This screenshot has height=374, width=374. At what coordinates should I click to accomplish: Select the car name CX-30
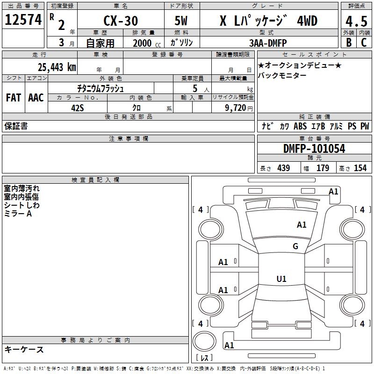pos(120,22)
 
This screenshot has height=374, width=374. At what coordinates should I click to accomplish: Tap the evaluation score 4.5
pos(356,21)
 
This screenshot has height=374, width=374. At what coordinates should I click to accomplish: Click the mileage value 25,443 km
pos(57,67)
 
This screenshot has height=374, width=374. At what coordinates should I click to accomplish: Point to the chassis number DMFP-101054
pos(314,149)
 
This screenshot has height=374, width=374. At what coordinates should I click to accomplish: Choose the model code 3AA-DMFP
pos(268,43)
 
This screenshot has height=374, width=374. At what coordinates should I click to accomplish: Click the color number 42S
pos(78,107)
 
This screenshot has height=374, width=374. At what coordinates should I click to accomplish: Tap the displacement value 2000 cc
pos(145,43)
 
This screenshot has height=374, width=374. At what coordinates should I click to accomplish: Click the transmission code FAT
pos(14,98)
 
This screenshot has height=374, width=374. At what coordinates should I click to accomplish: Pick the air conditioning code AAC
pos(36,98)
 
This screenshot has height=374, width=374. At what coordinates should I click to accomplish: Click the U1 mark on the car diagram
pos(281,279)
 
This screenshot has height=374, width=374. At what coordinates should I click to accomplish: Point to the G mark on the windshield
pos(295,246)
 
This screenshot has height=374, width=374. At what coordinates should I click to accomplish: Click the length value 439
pos(283,168)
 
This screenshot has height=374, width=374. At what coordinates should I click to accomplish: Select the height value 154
pos(360,168)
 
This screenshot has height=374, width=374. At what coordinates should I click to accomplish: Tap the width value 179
pos(323,168)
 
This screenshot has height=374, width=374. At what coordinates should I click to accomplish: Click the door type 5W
pos(182,22)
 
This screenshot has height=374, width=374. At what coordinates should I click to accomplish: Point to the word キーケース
pos(24,349)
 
